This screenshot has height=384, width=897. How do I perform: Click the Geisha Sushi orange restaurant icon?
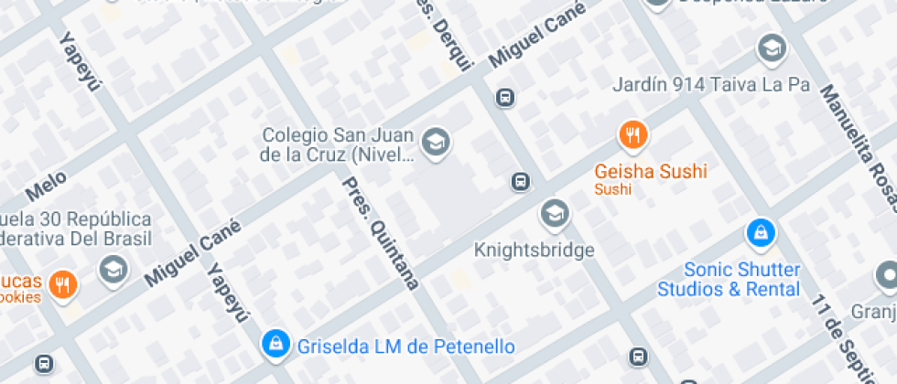pos(632,136)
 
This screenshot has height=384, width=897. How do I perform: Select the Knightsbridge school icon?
pos(554,214)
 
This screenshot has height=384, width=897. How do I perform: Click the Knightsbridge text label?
pos(535,250)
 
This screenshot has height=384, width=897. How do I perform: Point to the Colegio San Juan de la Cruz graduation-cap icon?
pos(435,142)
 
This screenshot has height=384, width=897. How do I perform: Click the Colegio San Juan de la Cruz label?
pos(337,144)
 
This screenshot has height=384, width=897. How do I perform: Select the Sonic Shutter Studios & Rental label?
pos(742,280)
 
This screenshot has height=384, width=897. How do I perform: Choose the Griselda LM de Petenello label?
pos(405,347)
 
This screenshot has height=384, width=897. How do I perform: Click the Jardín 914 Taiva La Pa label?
pos(712,85)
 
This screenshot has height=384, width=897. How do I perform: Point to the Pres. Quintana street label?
pos(380,232)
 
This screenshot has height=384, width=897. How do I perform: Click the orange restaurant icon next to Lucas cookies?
pos(62,283)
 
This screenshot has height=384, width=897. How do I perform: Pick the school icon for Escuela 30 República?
pos(113,270)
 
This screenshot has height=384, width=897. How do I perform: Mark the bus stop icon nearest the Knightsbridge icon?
pos(520,182)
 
